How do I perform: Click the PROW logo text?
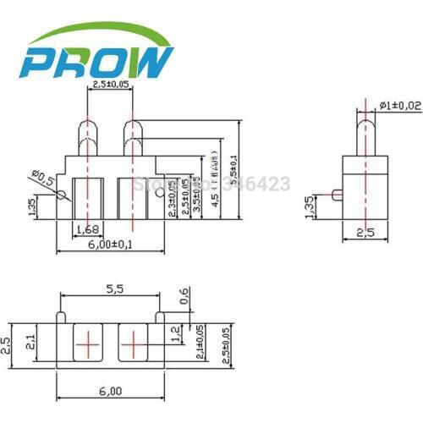98,61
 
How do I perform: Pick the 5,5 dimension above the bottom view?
115,289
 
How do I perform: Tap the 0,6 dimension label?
185,296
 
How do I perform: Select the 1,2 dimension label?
175,334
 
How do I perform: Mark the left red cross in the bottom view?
86,344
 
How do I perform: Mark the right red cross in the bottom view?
133,344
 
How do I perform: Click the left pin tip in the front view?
88,126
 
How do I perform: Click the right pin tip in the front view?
132,126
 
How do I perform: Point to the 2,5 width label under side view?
366,232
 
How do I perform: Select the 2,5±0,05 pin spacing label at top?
110,85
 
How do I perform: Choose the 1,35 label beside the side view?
310,205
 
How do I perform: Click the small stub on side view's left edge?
336,195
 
